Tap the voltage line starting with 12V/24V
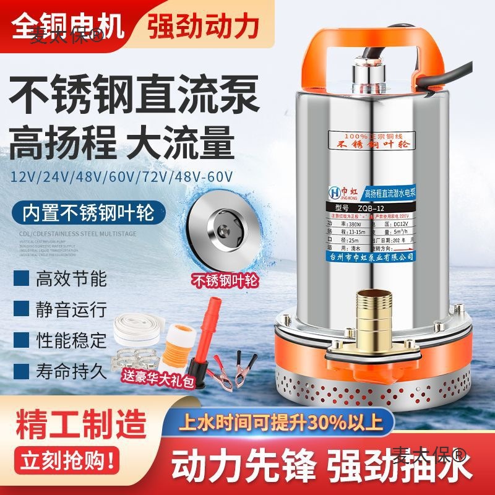click(x=122, y=177)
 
